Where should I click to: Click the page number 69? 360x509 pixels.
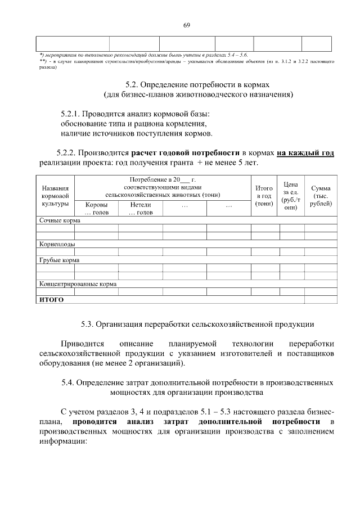click(x=187, y=24)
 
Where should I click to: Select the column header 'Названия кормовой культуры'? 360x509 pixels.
click(x=55, y=195)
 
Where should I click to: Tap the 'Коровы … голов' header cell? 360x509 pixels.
click(x=96, y=209)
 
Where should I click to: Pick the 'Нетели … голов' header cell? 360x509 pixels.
click(x=140, y=209)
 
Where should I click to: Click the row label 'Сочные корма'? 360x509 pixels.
click(x=56, y=221)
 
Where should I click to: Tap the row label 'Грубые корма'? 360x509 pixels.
click(x=58, y=260)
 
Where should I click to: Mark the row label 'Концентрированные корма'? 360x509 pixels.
click(x=78, y=284)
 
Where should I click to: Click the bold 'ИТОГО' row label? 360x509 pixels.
click(x=51, y=300)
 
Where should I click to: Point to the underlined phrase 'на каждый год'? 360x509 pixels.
click(x=305, y=152)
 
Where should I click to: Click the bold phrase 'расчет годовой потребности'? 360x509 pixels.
click(x=186, y=152)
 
